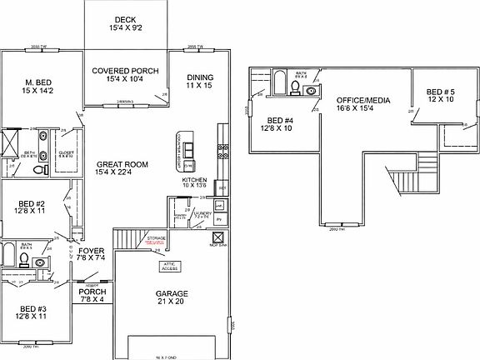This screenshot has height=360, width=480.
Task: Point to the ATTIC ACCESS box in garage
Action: tap(170, 267)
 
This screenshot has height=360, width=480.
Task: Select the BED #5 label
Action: tap(441, 95)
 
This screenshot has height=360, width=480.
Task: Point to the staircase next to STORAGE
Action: tap(129, 237)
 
